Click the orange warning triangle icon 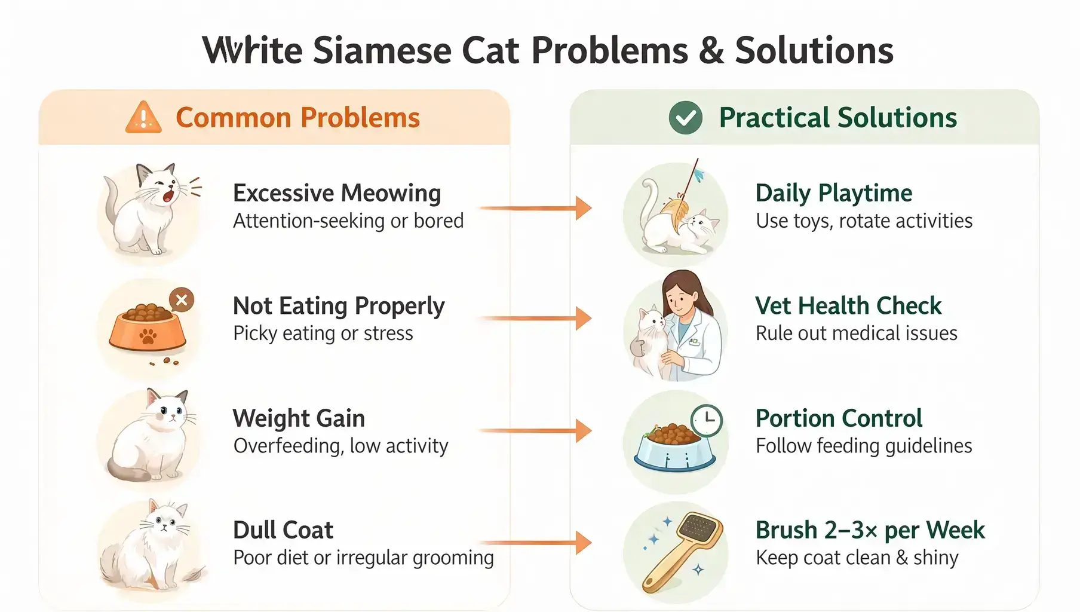click(143, 117)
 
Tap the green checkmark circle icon click(685, 117)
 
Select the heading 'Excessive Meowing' click(337, 193)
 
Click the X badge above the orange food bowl click(182, 299)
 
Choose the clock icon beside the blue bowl click(707, 420)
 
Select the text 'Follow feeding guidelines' click(864, 446)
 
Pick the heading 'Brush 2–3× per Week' click(870, 530)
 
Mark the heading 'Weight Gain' click(299, 418)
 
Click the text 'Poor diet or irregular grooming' click(363, 558)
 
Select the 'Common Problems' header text click(297, 118)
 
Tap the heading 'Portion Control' click(839, 418)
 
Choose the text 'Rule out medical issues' click(856, 333)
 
